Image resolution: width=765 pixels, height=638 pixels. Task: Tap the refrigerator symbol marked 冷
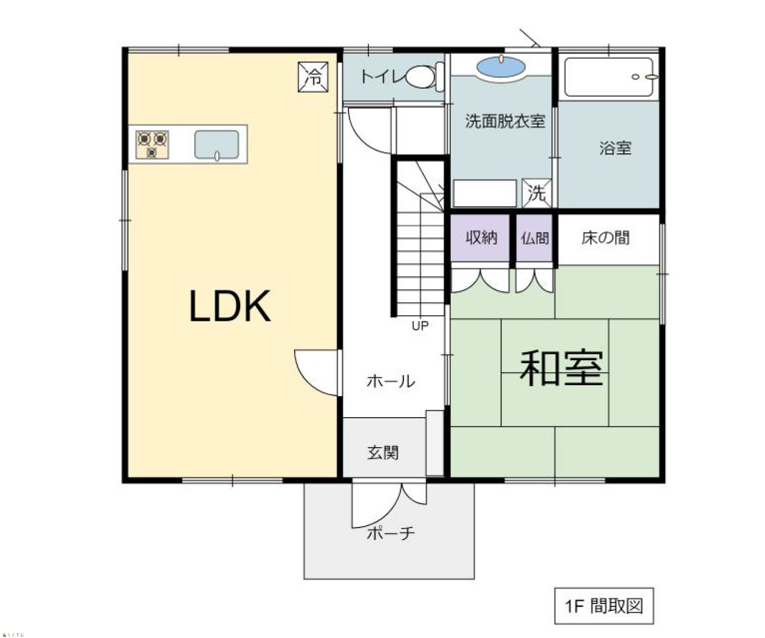pos(313,77)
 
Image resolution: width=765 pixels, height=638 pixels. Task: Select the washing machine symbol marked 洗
pos(537,193)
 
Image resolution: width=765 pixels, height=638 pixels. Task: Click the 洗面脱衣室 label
pos(505,121)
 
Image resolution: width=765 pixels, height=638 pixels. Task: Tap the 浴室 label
pos(615,148)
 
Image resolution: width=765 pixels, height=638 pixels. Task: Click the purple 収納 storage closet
pos(480,238)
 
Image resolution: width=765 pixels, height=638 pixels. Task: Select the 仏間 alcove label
pos(535,238)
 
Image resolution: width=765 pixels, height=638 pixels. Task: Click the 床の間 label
pos(606,238)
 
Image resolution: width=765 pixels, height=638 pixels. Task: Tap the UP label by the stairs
pos(420,326)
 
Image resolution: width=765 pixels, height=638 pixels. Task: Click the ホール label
pos(390,381)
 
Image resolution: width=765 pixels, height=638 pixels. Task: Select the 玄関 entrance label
pos(383,453)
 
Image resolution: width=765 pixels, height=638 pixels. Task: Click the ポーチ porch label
pos(390,533)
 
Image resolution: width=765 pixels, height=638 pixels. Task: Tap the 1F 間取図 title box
pos(604,606)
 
